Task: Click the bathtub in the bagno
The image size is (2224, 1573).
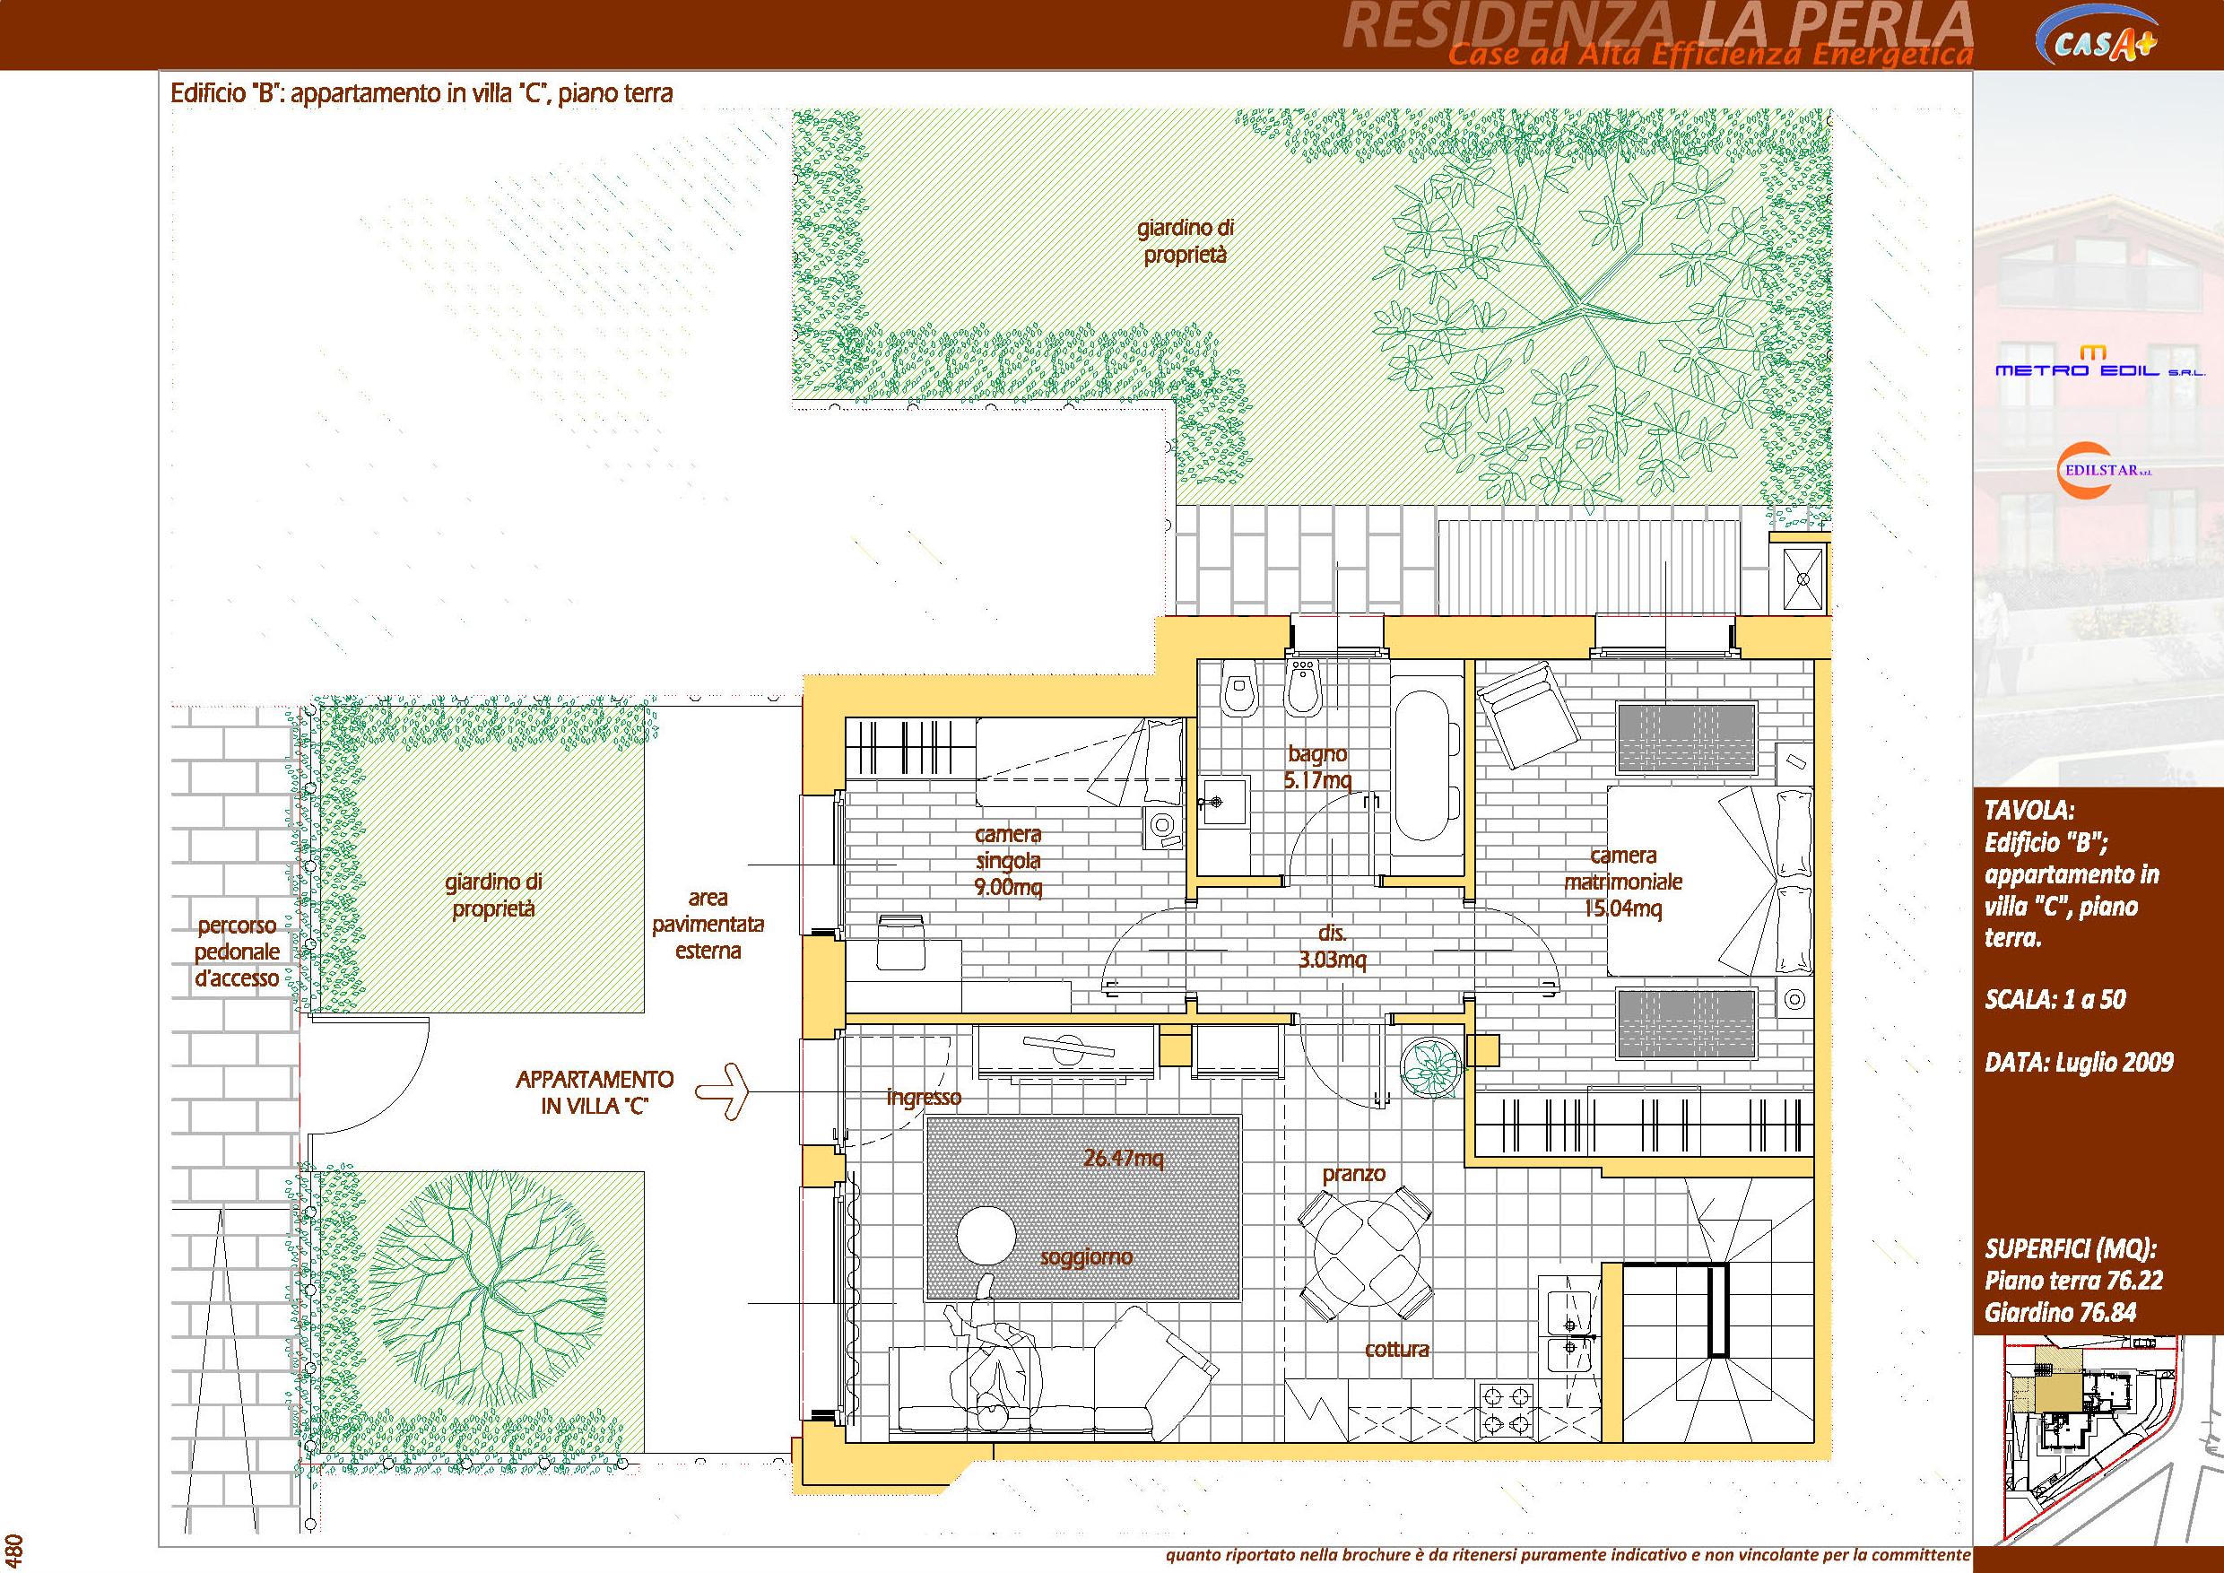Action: click(1427, 765)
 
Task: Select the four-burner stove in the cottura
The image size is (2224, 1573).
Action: click(1507, 1411)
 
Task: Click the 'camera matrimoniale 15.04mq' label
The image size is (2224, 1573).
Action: click(1623, 882)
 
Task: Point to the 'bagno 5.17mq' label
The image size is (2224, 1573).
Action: click(1317, 767)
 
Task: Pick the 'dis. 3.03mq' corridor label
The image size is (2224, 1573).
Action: click(1332, 946)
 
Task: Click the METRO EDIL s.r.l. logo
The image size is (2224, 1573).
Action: click(2099, 362)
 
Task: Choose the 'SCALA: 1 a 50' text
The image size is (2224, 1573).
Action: click(2055, 1000)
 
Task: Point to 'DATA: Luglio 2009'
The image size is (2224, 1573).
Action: click(2079, 1063)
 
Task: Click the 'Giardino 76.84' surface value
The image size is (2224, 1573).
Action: click(2060, 1312)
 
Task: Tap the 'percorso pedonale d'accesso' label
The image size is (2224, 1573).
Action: click(237, 952)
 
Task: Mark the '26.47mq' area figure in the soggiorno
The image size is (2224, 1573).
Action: click(1124, 1158)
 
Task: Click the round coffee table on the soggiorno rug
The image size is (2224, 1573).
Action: click(986, 1235)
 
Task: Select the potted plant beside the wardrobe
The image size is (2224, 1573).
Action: click(1431, 1067)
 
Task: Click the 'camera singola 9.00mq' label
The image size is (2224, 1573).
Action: click(1008, 860)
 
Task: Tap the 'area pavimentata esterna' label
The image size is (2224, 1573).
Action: click(708, 924)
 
